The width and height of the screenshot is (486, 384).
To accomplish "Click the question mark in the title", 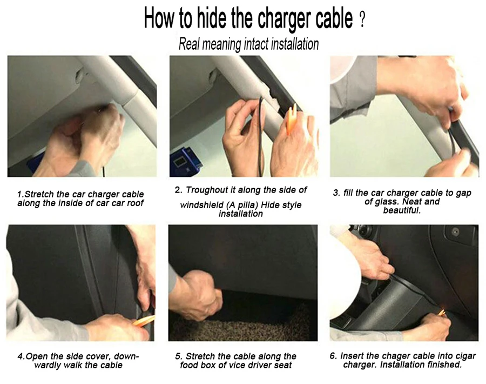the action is [362, 22].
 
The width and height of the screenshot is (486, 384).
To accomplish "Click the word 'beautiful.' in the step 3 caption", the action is [402, 210].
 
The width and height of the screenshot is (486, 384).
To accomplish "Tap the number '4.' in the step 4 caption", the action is [21, 356].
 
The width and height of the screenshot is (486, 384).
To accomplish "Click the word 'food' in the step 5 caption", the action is [189, 365].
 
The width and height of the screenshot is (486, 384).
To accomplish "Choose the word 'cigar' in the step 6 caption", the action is [465, 356].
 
